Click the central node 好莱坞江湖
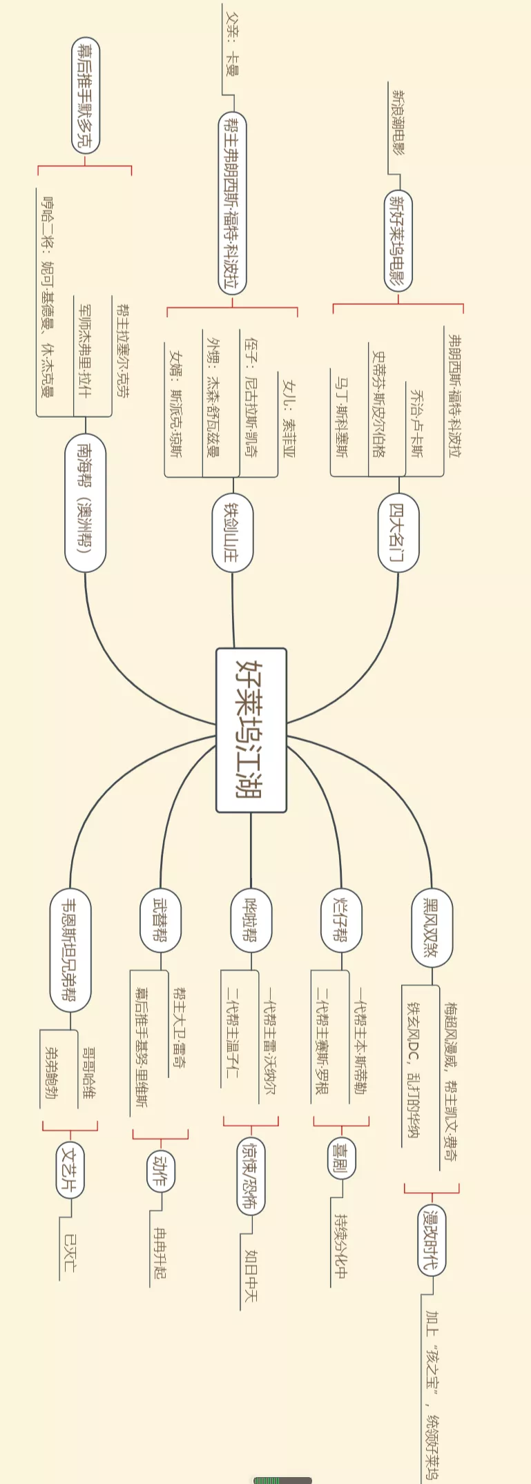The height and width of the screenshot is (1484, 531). (x=251, y=730)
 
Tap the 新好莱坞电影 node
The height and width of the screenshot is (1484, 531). (x=398, y=242)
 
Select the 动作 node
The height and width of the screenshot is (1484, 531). (x=160, y=1171)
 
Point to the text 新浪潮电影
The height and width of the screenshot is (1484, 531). (x=398, y=121)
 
